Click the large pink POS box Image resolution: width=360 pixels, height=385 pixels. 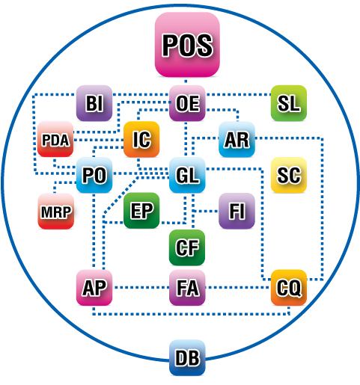click(x=187, y=44)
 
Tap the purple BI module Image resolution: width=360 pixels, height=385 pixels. click(x=94, y=103)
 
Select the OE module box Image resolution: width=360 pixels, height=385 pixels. click(x=187, y=103)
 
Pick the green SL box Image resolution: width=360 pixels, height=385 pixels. click(x=289, y=103)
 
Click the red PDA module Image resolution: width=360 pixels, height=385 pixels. click(x=55, y=139)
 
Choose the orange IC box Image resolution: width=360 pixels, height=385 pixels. click(x=141, y=139)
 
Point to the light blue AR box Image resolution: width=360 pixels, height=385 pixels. click(x=237, y=139)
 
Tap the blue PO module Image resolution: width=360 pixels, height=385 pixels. click(x=94, y=175)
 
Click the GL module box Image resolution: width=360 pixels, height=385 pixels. click(x=187, y=175)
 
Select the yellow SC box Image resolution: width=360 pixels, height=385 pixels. click(x=289, y=175)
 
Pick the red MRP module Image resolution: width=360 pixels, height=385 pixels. click(x=56, y=211)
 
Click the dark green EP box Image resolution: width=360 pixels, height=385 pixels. click(x=141, y=211)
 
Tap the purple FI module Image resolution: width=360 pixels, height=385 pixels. click(x=237, y=211)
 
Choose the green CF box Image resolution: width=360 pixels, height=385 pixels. click(x=187, y=247)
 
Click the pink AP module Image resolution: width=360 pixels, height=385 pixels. click(x=94, y=288)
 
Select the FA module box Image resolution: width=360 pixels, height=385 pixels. click(x=187, y=288)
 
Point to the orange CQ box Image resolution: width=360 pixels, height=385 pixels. click(x=289, y=288)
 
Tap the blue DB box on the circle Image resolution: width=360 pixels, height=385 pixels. click(x=187, y=357)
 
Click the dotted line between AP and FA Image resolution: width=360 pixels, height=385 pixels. click(x=141, y=288)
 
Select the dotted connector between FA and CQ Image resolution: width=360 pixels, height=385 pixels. click(x=238, y=288)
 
